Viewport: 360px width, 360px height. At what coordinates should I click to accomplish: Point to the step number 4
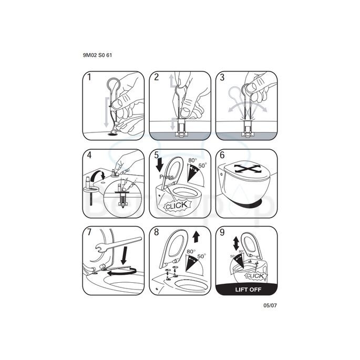click(89, 156)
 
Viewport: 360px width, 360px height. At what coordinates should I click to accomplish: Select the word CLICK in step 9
click(255, 276)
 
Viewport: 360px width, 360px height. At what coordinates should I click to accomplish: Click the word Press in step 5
click(166, 177)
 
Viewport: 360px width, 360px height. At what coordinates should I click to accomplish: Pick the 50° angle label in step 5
click(202, 167)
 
